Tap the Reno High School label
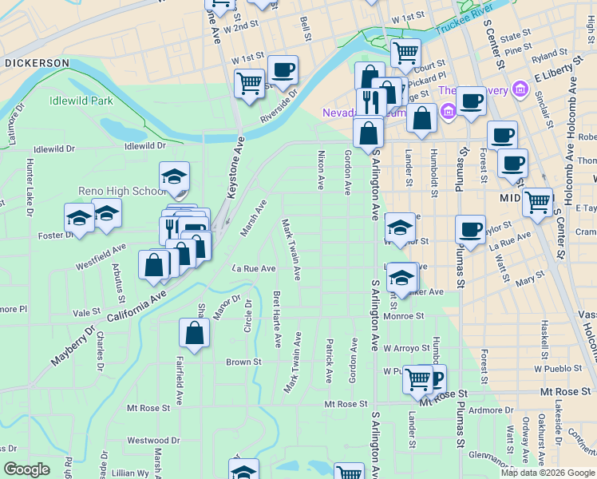(122, 191)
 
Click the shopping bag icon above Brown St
(194, 334)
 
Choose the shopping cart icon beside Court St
(405, 53)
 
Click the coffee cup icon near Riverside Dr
(283, 69)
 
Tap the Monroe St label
(403, 316)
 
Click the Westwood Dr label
(148, 440)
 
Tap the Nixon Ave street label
(321, 169)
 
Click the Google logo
(27, 469)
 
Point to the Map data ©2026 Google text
(547, 473)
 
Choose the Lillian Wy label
(131, 473)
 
